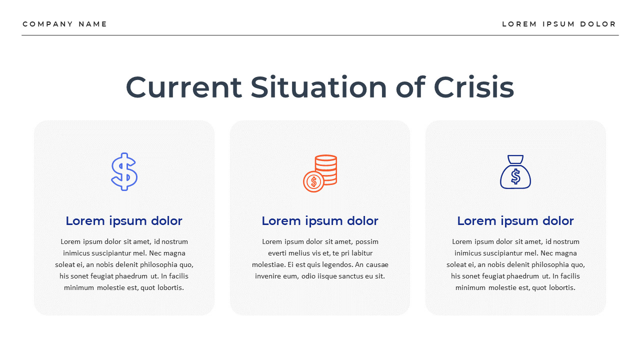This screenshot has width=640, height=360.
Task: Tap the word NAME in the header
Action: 93,24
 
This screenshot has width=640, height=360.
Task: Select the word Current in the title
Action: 183,87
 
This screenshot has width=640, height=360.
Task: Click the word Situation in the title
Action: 318,87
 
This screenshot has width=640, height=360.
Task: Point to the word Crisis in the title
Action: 473,87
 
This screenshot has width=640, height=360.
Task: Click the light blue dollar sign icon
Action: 124,171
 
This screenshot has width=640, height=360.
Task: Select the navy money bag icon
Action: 515,172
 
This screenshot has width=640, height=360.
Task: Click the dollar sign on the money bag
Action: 515,176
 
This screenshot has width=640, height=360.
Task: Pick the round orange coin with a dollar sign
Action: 313,181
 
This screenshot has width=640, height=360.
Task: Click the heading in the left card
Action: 124,220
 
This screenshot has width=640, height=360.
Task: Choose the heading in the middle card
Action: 320,220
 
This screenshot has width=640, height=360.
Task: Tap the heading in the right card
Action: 515,220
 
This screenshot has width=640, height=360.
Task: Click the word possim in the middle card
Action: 367,241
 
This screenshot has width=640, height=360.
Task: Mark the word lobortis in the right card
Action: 560,287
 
